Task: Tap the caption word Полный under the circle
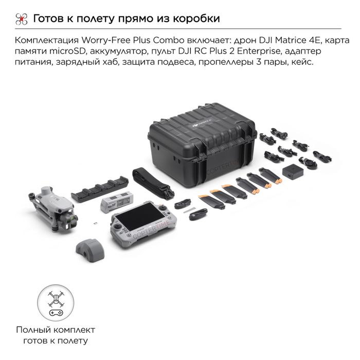[30, 330]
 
